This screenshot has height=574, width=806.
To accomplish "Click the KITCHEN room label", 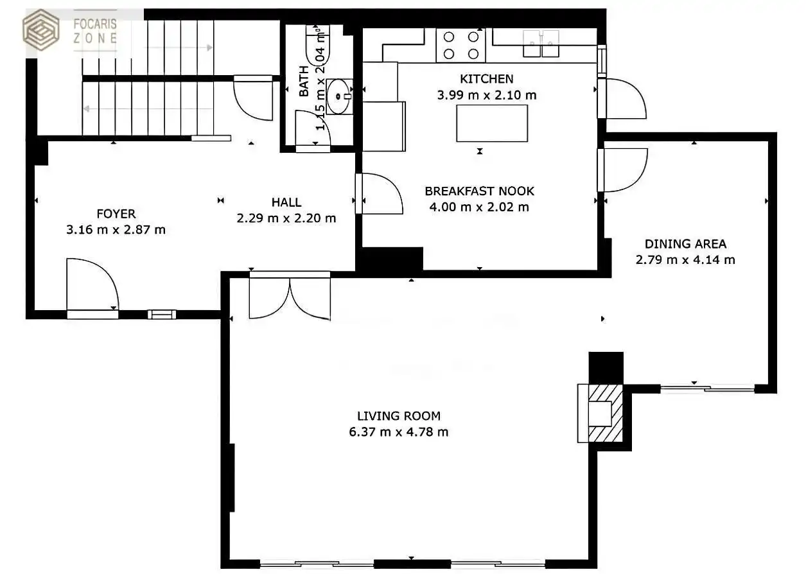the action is pyautogui.click(x=486, y=79).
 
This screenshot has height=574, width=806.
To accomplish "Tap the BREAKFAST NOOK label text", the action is pyautogui.click(x=479, y=191).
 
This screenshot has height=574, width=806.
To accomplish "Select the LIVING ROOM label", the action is pyautogui.click(x=399, y=416).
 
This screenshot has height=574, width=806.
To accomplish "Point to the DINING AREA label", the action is pyautogui.click(x=685, y=244).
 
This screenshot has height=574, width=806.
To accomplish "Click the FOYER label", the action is pyautogui.click(x=116, y=214).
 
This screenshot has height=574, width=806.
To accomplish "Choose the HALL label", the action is pyautogui.click(x=286, y=202).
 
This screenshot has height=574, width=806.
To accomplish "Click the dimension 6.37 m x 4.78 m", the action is pyautogui.click(x=399, y=431).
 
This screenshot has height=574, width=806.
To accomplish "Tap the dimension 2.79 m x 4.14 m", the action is pyautogui.click(x=685, y=259).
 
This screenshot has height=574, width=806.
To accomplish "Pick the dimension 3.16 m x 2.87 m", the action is pyautogui.click(x=116, y=229).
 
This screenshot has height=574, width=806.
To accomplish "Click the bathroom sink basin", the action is pyautogui.click(x=338, y=96).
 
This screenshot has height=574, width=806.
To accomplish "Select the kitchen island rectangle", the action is pyautogui.click(x=492, y=123).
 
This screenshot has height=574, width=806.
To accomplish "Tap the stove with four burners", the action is pyautogui.click(x=460, y=46).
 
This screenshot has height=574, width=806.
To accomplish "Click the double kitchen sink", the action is pyautogui.click(x=541, y=44).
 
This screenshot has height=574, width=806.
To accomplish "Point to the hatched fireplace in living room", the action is pyautogui.click(x=605, y=413).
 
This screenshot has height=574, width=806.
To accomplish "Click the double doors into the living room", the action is pyautogui.click(x=290, y=295).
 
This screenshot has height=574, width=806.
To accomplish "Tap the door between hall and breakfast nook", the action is pyautogui.click(x=379, y=194).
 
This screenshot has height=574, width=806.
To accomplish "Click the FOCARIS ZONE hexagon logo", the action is pyautogui.click(x=41, y=30).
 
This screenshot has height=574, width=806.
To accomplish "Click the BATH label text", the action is pyautogui.click(x=304, y=82).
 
